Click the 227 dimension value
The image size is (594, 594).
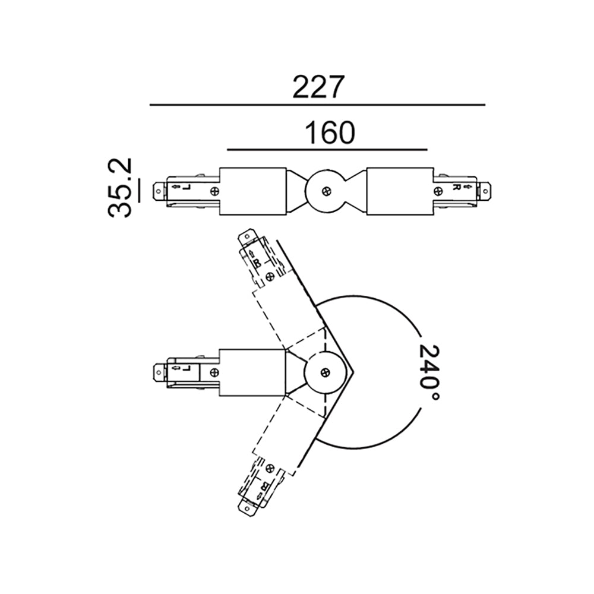318,87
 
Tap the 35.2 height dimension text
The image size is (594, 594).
121,188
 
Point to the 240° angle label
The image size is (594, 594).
429,374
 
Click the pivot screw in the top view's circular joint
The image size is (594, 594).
325,191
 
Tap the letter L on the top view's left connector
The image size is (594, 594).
185,191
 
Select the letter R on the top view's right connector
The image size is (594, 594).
456,187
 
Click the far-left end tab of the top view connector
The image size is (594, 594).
159,191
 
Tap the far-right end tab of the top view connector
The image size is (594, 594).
486,191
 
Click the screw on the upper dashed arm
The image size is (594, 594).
270,276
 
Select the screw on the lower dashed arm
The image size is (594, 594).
271,469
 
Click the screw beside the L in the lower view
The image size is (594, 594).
213,373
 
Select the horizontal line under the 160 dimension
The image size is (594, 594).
327,149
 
